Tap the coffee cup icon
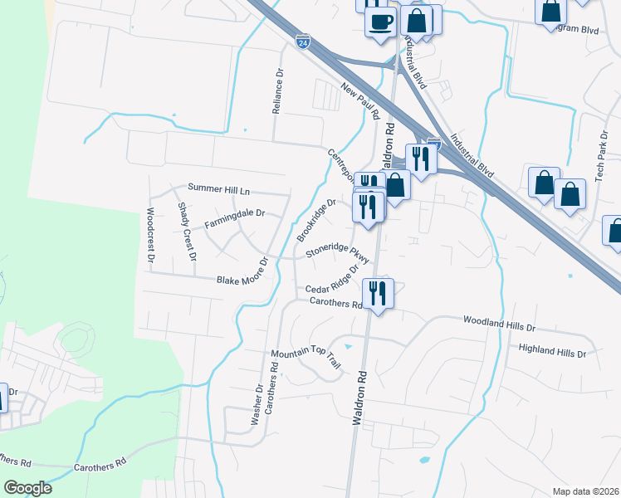tap(380, 22)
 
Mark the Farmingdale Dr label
tap(234, 213)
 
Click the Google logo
tap(27, 488)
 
